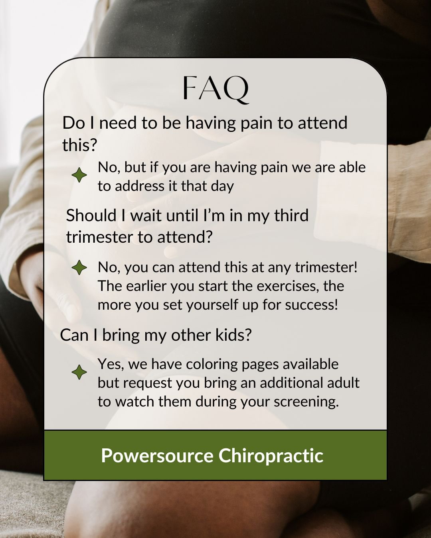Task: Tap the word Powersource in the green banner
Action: (157, 456)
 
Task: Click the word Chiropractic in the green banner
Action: (271, 456)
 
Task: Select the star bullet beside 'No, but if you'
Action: (79, 175)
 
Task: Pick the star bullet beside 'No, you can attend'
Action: (79, 267)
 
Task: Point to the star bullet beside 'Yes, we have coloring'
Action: (79, 372)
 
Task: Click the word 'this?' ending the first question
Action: (79, 145)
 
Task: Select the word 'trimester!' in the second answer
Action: (326, 267)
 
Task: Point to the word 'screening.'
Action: (306, 402)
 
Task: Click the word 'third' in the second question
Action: (291, 215)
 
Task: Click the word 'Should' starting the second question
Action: (91, 215)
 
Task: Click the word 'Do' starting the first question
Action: (73, 123)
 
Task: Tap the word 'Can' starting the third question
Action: (74, 335)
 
